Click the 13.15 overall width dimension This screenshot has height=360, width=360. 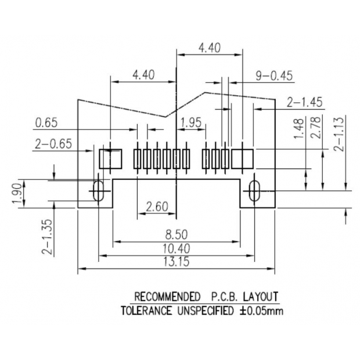177,261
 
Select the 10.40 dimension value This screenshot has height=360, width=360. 177,249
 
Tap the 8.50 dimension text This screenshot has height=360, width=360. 177,235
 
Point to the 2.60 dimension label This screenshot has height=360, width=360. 157,207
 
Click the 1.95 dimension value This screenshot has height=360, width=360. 191,123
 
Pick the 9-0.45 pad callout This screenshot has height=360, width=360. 275,75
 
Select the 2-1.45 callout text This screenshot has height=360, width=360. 305,102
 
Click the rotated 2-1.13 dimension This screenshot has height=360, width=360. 339,134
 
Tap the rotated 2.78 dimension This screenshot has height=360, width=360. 315,127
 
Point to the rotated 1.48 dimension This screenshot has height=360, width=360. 298,128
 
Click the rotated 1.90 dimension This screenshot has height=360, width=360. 17,193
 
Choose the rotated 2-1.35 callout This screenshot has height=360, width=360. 47,236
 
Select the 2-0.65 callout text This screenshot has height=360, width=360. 53,144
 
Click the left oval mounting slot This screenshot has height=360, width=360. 99,190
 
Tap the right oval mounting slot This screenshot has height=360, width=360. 254,191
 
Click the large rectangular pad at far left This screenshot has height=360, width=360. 110,159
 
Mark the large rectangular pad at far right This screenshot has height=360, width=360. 243,159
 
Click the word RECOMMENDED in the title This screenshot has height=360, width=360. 167,297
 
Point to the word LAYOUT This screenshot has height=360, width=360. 261,297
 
